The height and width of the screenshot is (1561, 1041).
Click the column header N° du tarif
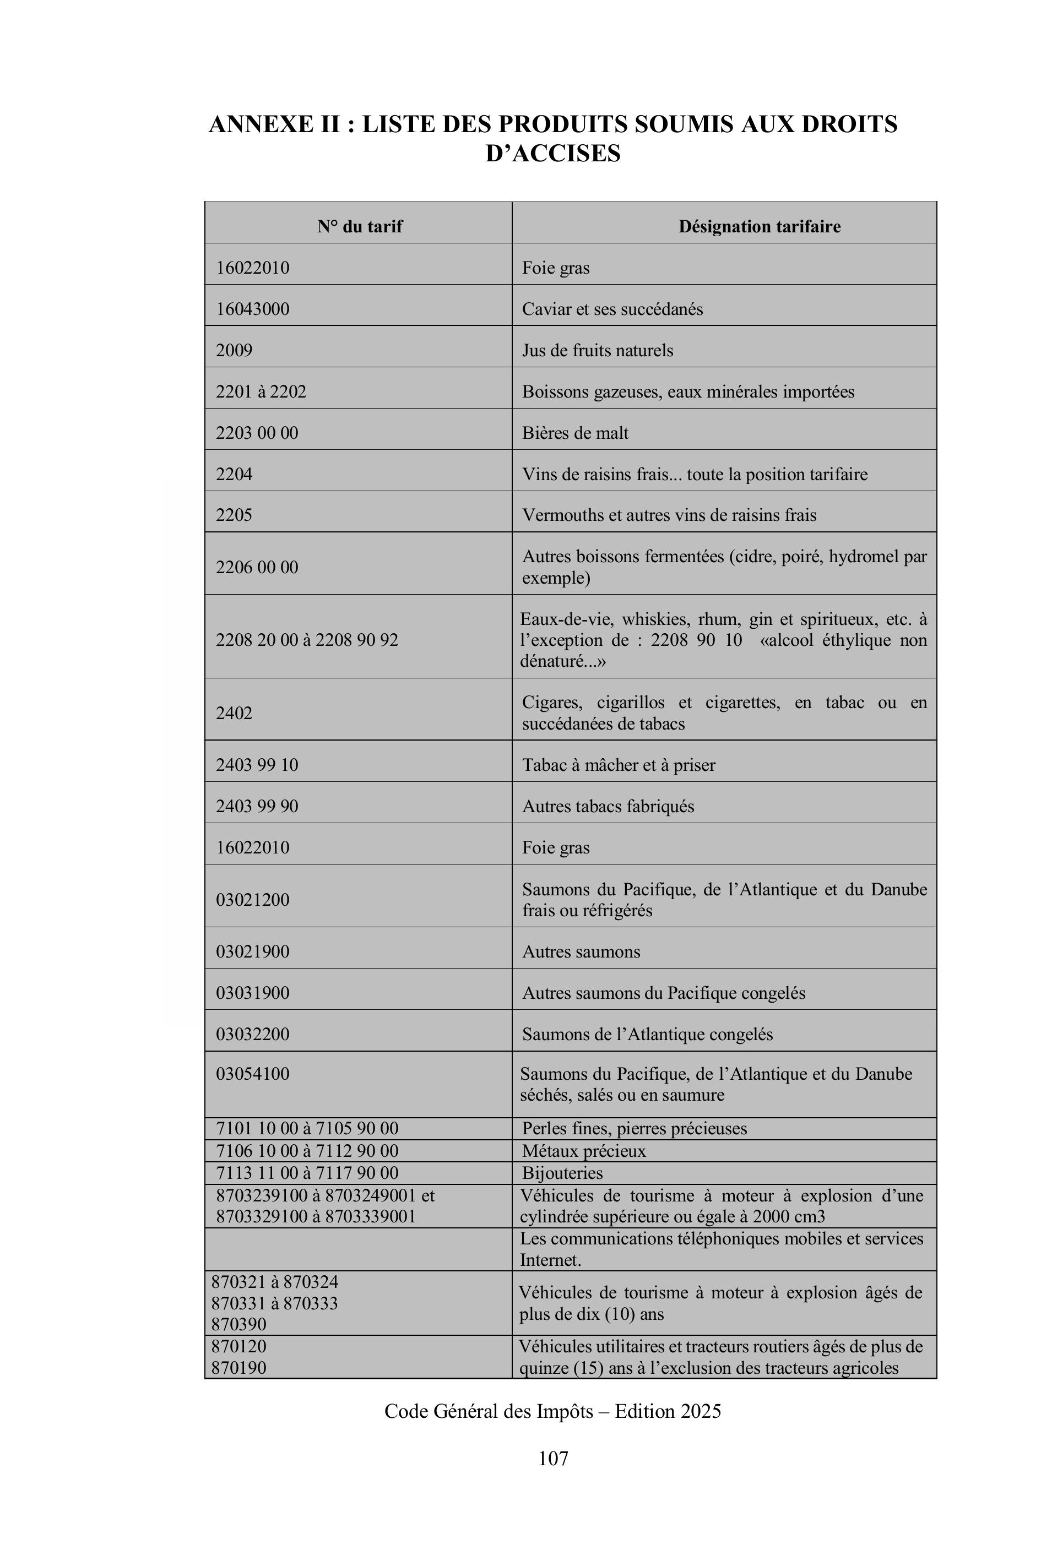359,227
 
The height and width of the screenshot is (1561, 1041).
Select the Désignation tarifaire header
759,227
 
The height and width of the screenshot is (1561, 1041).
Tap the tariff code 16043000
253,309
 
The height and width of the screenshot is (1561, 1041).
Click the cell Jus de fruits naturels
597,350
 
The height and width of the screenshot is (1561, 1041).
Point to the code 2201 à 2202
261,391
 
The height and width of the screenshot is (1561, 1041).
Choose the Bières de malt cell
575,433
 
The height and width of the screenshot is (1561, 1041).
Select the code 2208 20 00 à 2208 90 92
307,640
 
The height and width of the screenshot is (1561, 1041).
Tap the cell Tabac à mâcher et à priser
618,765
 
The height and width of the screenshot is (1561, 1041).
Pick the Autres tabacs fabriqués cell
608,807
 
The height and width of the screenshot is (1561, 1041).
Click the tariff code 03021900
253,951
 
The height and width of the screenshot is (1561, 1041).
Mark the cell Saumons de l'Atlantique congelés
647,1034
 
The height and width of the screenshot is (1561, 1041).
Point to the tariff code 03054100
253,1074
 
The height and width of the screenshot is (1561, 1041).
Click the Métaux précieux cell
584,1151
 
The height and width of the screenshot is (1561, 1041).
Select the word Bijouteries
562,1173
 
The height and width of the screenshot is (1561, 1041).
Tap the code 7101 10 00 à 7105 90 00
307,1128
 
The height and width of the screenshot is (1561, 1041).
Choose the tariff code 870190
239,1368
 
